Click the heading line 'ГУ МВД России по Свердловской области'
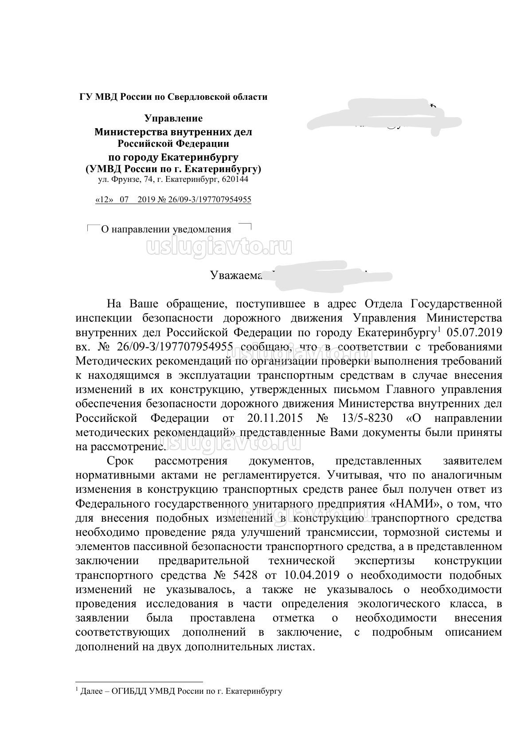click(173, 97)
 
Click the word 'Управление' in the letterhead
click(173, 118)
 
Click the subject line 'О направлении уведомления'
click(166, 229)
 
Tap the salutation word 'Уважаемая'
click(236, 275)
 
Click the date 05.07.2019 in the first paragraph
click(475, 332)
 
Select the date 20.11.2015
click(274, 418)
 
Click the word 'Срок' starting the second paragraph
click(121, 461)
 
